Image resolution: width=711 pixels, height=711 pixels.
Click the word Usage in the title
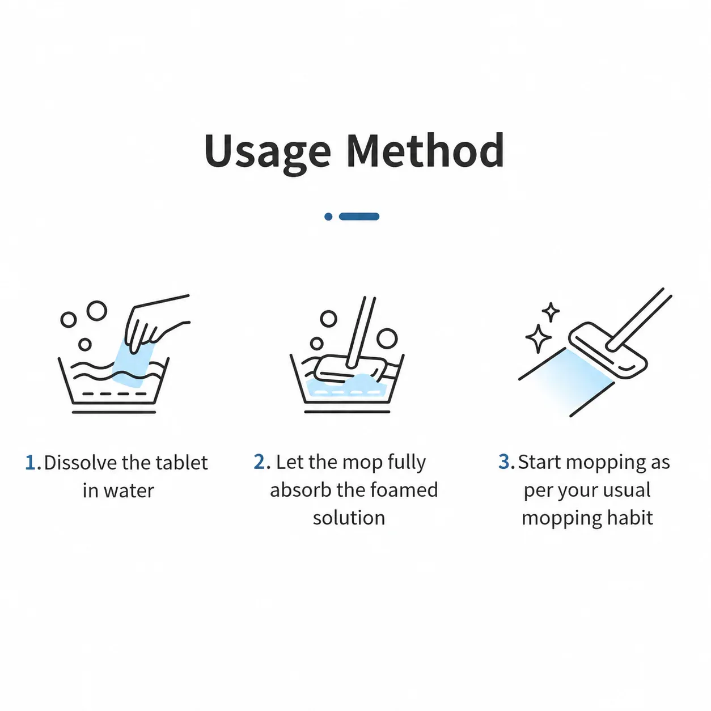pos(268,152)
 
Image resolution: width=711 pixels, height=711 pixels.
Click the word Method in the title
pos(425,150)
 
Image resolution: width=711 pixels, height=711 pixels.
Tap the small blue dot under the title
pos(328,217)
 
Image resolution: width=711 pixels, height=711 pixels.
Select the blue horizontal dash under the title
pos(359,217)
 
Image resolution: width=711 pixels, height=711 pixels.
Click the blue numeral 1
pos(31,463)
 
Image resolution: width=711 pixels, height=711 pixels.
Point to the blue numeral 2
pos(260,462)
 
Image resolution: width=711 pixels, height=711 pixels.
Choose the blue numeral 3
pos(504,462)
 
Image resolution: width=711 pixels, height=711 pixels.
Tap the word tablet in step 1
pos(182,463)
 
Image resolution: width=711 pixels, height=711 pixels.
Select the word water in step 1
pos(129,491)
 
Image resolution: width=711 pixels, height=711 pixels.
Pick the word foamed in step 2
pos(404,490)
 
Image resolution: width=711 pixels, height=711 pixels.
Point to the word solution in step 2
pos(349,518)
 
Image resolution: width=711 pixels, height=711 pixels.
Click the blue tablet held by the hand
pos(132,363)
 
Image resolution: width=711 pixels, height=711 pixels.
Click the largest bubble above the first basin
pos(96,311)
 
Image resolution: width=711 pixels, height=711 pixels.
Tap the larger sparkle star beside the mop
pos(538,338)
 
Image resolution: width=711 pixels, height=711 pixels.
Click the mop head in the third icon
pos(608,350)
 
